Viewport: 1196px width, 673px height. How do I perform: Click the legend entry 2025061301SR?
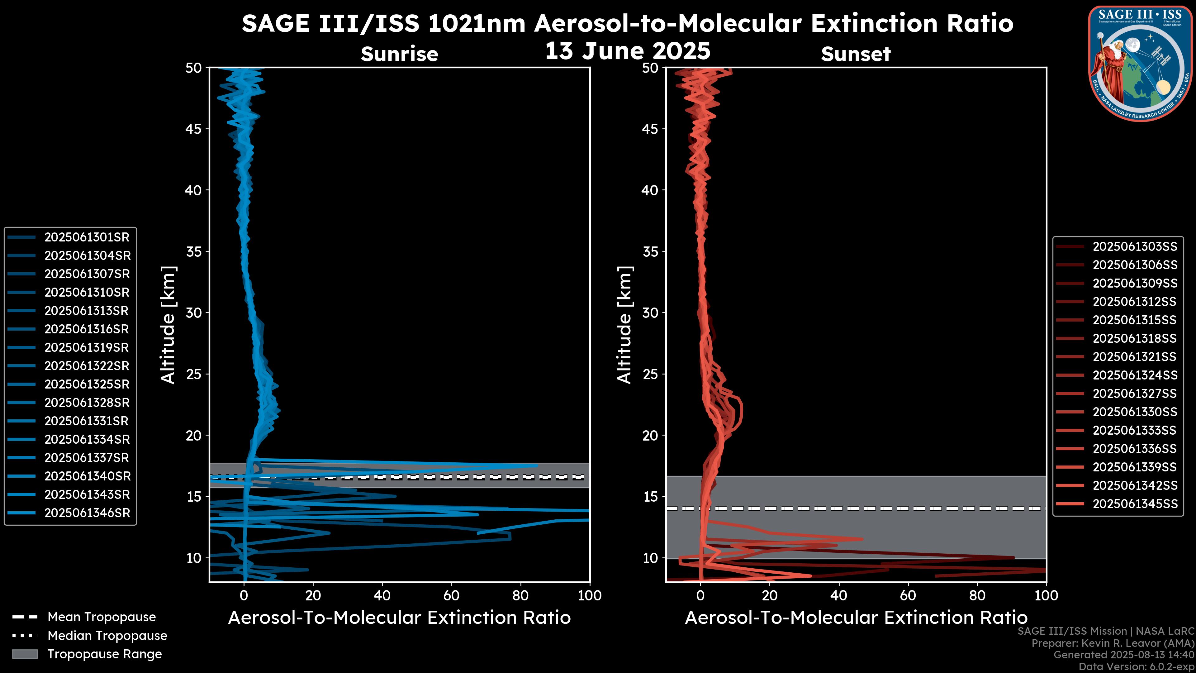point(86,237)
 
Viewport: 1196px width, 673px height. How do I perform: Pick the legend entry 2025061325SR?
point(86,384)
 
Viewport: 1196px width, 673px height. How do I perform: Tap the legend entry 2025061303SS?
point(1135,247)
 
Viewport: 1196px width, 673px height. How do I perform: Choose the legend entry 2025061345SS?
point(1135,504)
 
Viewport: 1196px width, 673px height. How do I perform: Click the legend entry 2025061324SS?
point(1135,375)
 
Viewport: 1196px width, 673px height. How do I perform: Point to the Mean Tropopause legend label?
point(101,617)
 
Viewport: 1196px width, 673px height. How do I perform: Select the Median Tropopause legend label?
point(107,636)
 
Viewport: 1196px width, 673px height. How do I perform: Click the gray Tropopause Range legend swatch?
point(25,654)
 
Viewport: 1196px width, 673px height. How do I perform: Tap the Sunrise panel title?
point(399,54)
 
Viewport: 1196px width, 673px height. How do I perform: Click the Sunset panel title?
point(856,54)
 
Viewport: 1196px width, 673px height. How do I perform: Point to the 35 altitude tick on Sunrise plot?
point(194,252)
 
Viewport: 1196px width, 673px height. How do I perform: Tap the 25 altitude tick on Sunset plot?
point(650,374)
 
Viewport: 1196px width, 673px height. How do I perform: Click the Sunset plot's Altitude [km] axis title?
point(624,325)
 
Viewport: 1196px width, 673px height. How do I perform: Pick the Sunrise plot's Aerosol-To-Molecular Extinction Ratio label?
point(399,618)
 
